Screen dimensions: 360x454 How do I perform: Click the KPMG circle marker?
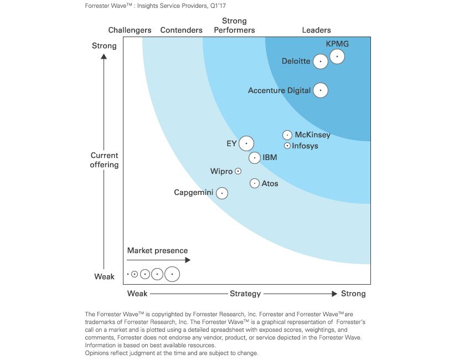coord(337,56)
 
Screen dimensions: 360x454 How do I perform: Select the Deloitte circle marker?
coord(321,61)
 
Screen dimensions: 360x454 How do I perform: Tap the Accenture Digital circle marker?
coord(321,90)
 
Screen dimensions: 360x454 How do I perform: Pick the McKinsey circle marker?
coord(287,135)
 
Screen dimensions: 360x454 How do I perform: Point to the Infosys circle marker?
coord(287,146)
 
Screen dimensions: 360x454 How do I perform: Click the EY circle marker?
coord(246,143)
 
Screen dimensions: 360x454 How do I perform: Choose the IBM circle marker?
coord(254,158)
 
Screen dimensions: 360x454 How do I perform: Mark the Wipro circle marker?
coord(238,172)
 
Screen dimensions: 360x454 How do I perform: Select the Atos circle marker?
coord(254,183)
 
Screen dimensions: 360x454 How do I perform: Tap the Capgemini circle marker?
coord(221,193)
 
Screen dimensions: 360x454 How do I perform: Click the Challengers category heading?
coord(130,30)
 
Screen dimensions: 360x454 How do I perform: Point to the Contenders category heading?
coord(181,30)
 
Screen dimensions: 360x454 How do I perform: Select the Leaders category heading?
coord(316,30)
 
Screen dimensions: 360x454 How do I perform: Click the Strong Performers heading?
coord(234,25)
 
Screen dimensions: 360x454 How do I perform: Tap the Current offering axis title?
coord(104,160)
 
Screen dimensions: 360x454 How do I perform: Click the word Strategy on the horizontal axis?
coord(245,294)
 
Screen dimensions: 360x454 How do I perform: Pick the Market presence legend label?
coord(157,251)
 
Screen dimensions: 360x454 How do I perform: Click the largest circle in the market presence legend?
coord(172,274)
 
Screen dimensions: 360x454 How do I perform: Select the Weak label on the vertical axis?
coord(104,276)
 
